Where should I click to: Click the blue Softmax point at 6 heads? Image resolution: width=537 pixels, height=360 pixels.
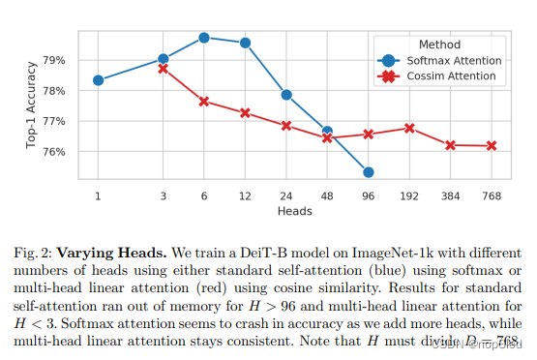coord(204,38)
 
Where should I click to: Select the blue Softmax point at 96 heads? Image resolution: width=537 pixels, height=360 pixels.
coord(369,172)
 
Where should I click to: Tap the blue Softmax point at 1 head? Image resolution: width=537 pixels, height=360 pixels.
coord(99,79)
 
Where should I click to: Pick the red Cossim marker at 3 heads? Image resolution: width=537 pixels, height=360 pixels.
coord(163,69)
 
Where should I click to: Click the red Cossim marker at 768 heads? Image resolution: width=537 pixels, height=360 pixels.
coord(492,146)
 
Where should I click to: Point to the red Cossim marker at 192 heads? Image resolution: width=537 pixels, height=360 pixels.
coord(409,128)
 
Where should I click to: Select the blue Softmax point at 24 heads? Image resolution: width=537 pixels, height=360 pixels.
coord(286,95)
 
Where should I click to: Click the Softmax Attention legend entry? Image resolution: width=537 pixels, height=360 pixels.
coord(454,60)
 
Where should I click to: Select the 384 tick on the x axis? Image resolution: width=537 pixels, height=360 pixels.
coord(450,196)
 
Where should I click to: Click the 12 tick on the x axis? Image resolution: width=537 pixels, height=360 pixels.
coord(245,196)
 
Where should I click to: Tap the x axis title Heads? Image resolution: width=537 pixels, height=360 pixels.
coord(294,210)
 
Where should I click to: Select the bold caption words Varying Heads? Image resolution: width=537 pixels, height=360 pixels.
coord(124,252)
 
